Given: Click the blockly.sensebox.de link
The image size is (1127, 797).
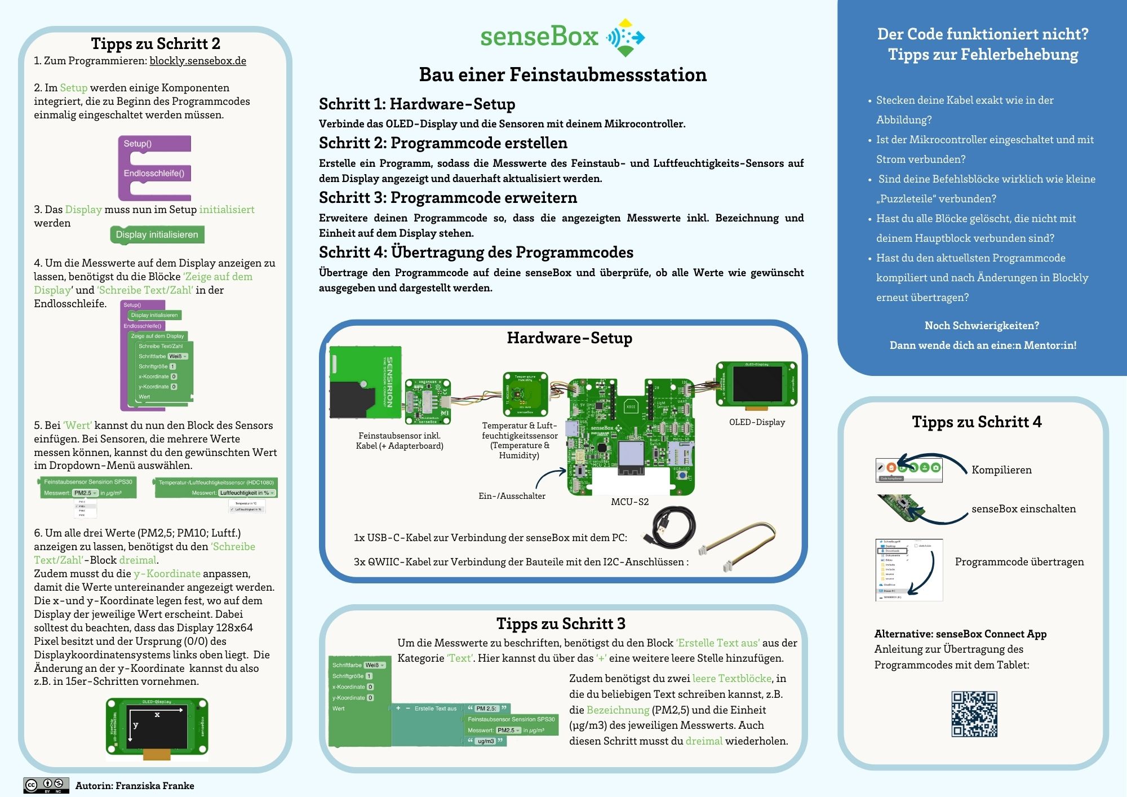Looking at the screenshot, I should coord(198,61).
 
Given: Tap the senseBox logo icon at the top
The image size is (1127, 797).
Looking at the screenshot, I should coord(625,37).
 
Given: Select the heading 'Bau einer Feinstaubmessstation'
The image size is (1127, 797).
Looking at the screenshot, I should coord(562,74).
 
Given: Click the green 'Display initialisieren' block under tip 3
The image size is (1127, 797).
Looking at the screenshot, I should coord(157,234).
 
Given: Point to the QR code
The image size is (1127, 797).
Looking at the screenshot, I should coord(974,714).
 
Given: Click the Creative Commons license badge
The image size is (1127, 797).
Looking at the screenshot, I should coord(46,785).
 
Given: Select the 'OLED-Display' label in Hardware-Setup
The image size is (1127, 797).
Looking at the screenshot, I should coord(757,422).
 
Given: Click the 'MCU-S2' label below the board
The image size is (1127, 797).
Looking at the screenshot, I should coord(629,502).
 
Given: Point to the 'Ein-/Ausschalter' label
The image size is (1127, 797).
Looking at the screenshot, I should coord(512,496).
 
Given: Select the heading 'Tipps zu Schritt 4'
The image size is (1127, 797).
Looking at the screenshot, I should coord(977,422).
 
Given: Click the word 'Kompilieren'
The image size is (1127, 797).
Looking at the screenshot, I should coord(1001,470).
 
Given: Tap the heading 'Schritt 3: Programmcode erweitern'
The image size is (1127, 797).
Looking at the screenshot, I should coord(448,198).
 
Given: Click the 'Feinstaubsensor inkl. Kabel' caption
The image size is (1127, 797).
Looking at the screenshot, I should coord(400,441).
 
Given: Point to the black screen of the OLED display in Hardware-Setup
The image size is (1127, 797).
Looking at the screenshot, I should coord(757,383).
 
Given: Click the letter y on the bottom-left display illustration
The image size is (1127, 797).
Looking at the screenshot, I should coord(136,725).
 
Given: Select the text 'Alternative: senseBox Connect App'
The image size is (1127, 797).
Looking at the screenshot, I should coord(960,634).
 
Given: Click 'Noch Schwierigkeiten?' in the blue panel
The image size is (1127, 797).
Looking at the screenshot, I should coord(982,326).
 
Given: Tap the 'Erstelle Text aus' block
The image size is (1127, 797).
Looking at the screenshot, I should coord(435,709).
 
